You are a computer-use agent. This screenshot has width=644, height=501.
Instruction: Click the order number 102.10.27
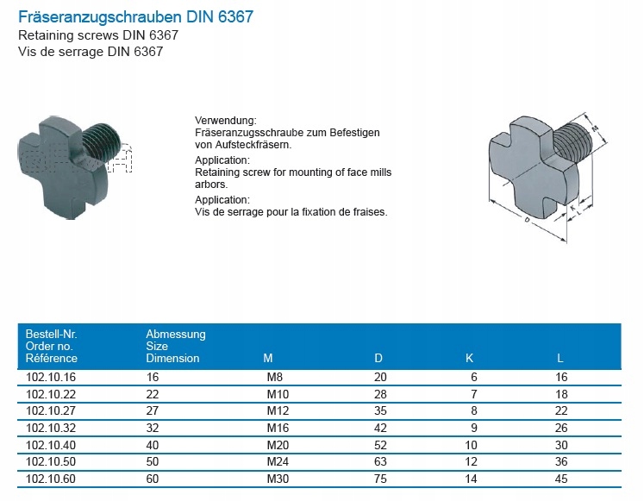click(x=51, y=410)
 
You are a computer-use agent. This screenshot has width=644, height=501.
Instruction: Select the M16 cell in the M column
click(x=278, y=428)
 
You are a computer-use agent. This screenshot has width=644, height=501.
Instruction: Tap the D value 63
click(x=380, y=461)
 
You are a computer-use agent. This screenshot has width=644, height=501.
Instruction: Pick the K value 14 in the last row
click(x=471, y=479)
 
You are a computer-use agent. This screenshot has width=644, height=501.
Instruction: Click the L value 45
click(x=561, y=479)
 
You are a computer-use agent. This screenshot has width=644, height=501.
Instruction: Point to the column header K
click(x=470, y=358)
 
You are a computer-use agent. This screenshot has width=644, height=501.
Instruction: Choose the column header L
click(x=560, y=358)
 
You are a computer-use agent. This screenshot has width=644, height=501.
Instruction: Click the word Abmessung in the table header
click(x=176, y=335)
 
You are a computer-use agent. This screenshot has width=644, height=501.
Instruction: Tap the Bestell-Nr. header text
click(x=52, y=334)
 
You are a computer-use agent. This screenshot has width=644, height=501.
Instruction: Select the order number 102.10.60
click(x=51, y=479)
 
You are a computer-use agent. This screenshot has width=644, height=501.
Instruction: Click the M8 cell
click(x=275, y=377)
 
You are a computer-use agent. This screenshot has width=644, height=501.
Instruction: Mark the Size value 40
click(x=153, y=445)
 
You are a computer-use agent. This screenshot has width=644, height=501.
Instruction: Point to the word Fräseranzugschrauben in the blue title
click(x=100, y=17)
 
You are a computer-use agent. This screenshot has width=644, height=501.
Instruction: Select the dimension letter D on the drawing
click(x=527, y=220)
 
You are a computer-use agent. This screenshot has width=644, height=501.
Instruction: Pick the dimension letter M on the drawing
click(x=595, y=129)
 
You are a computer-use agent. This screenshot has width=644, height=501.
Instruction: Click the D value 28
click(x=380, y=394)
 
